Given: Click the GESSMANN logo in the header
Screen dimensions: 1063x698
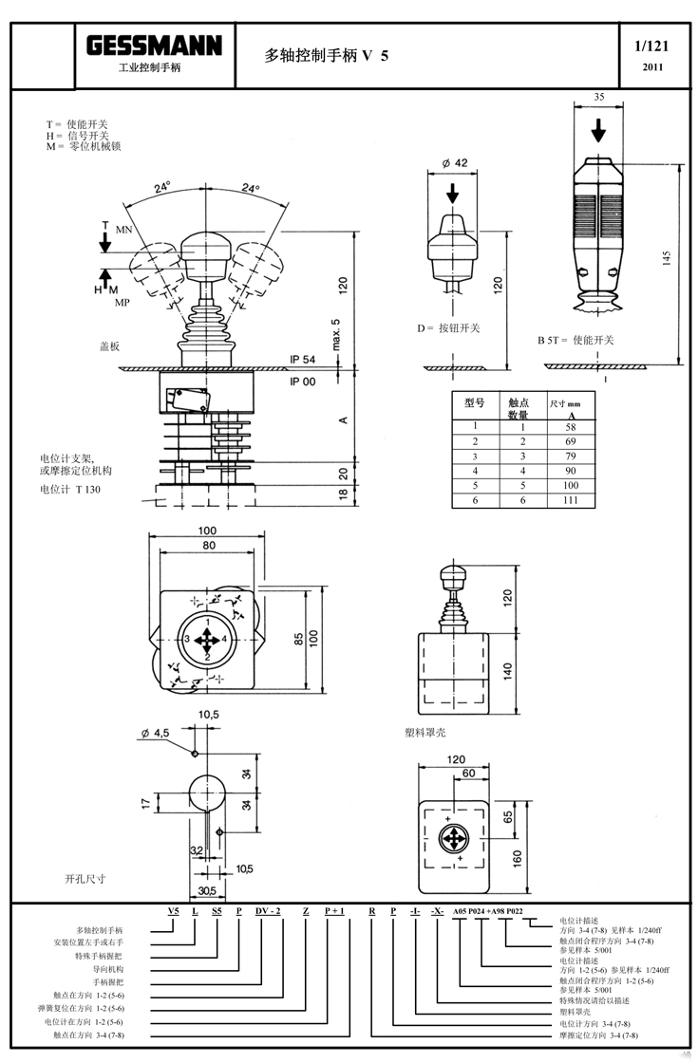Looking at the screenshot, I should (x=155, y=46).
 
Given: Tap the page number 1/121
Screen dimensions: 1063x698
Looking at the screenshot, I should (x=651, y=46).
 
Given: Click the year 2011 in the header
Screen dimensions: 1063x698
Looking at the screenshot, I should (x=652, y=67).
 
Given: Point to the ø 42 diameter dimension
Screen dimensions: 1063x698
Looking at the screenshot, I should (x=455, y=163).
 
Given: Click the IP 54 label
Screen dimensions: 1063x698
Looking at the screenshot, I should (x=302, y=360).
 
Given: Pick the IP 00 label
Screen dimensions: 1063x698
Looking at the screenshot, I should (x=302, y=381).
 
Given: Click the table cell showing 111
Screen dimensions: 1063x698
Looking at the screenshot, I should (x=571, y=500).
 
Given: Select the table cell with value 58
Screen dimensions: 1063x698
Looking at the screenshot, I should (x=571, y=427).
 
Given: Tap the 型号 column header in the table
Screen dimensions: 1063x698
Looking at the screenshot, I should (x=475, y=402).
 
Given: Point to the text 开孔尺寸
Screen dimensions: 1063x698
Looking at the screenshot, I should (x=85, y=879).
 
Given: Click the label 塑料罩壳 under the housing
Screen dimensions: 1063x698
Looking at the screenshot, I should (x=424, y=733).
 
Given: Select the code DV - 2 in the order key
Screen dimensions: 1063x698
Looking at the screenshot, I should (x=268, y=912).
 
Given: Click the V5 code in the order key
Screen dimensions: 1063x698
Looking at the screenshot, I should (x=173, y=912).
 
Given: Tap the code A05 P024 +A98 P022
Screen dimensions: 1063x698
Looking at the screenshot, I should (x=500, y=912).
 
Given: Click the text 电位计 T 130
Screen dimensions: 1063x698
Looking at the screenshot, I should (x=69, y=489).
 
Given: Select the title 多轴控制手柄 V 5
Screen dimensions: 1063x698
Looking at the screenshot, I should (x=327, y=56).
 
